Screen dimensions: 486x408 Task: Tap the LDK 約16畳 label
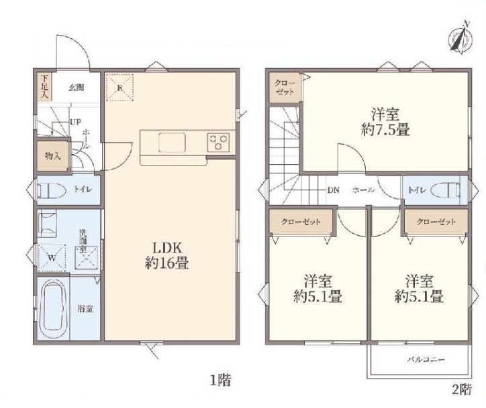(167, 255)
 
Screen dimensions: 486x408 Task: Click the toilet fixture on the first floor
(52, 190)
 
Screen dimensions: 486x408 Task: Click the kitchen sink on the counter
(172, 143)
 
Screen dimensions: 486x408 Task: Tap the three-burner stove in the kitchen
(219, 142)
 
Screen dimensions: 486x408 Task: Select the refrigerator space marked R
(119, 86)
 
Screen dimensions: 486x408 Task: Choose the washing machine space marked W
(52, 258)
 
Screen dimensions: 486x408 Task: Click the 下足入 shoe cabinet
(44, 86)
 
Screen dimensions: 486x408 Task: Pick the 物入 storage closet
(52, 156)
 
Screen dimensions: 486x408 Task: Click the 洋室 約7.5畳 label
(385, 122)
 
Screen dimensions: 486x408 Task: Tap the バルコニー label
(426, 360)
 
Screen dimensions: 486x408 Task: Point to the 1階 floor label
(220, 380)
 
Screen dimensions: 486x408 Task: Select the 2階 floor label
(462, 389)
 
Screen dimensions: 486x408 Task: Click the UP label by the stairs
(75, 122)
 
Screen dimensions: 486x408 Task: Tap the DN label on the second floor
(334, 190)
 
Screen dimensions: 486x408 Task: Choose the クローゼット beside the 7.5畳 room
(285, 88)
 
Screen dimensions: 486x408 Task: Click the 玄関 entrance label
(77, 88)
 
